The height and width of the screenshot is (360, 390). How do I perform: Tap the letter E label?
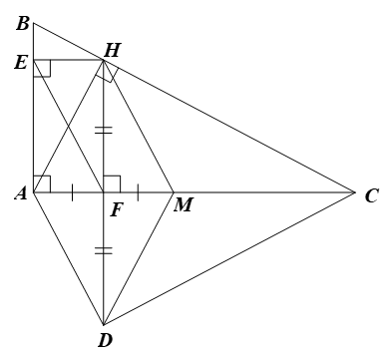pos(21,61)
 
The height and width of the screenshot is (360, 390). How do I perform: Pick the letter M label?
pos(182,205)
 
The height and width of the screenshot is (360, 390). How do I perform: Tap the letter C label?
pos(371,194)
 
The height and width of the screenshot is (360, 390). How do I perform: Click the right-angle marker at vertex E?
pos(40,68)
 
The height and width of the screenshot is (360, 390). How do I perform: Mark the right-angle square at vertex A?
pos(40,183)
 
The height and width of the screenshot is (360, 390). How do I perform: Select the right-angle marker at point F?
pos(112,183)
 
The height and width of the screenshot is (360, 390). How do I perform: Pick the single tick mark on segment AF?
pos(73,191)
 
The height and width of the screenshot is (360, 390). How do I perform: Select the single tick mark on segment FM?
pos(138,191)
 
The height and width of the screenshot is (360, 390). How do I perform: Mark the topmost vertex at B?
pos(33,22)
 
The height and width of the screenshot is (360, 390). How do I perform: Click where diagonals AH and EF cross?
pos(68,126)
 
